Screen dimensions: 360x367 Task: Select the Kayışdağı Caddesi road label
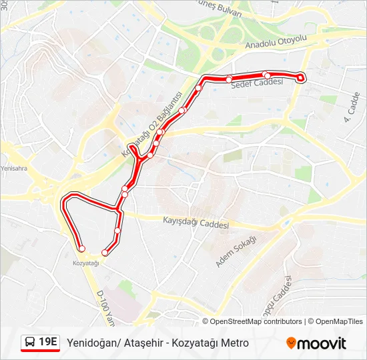pyautogui.click(x=196, y=221)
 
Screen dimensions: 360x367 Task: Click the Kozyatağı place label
pyautogui.click(x=85, y=263)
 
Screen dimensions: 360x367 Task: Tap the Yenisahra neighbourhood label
pyautogui.click(x=13, y=169)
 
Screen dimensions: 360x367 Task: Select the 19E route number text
pyautogui.click(x=48, y=343)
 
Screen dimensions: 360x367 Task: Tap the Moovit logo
pyautogui.click(x=316, y=343)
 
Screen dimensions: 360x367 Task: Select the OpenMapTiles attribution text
pyautogui.click(x=339, y=321)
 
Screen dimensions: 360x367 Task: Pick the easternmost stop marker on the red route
pyautogui.click(x=300, y=78)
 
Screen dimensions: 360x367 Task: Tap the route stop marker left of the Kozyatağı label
pyautogui.click(x=82, y=249)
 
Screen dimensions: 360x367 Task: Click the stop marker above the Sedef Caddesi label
pyautogui.click(x=266, y=75)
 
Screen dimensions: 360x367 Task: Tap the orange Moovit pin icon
pyautogui.click(x=291, y=343)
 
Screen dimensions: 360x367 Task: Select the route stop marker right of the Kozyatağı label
pyautogui.click(x=105, y=253)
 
